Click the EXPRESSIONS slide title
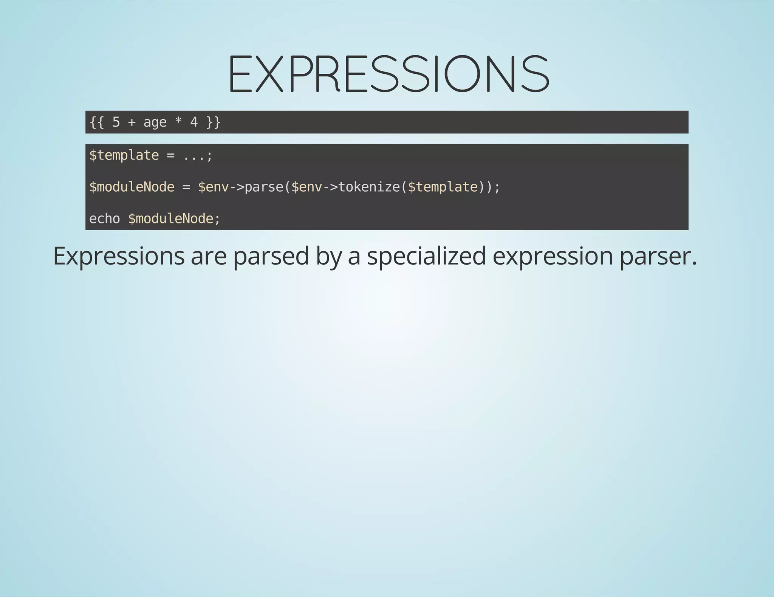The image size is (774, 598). click(389, 74)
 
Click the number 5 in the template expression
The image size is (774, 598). click(116, 122)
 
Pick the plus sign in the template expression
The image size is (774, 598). click(132, 122)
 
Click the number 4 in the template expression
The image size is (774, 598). click(194, 122)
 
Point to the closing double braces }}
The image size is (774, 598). click(213, 122)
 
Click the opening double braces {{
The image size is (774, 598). click(97, 122)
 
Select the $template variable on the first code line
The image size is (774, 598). click(124, 155)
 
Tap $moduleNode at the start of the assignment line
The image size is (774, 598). click(132, 187)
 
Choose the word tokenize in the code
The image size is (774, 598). click(369, 187)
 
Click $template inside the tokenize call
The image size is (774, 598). click(443, 187)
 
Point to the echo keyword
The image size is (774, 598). click(104, 219)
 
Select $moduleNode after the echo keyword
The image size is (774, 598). click(170, 219)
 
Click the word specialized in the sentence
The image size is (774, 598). click(426, 256)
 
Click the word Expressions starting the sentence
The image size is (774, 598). click(119, 256)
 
